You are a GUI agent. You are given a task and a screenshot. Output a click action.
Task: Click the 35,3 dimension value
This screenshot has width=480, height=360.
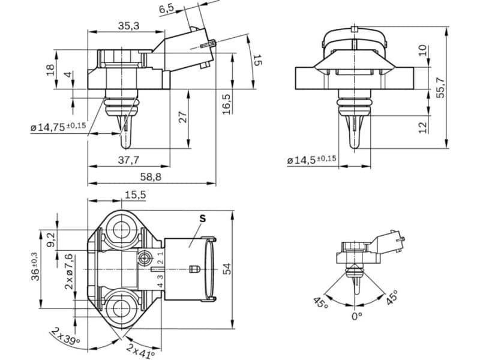coord(128,26)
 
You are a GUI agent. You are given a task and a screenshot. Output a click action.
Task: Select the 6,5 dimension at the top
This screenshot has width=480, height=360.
coord(167,8)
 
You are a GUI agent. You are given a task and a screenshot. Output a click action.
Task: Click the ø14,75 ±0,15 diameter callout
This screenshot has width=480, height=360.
coord(58,127)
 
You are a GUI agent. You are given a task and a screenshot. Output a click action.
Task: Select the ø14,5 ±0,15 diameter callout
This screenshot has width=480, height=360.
coord(311,160)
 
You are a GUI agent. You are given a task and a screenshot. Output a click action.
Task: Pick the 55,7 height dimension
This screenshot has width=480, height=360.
coord(441,87)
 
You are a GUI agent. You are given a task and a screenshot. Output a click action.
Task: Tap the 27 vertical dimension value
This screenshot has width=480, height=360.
coord(183,117)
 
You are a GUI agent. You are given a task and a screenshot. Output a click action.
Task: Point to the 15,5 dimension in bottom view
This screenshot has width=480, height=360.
coord(135,194)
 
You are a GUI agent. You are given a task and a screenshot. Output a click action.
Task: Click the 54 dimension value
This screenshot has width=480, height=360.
coord(227,270)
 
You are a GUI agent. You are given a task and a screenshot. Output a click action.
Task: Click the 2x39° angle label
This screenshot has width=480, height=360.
coord(65,337)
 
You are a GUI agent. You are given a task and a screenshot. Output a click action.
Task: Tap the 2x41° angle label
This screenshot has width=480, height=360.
coord(140,350)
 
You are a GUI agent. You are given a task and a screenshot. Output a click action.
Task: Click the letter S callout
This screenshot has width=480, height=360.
coord(202,219)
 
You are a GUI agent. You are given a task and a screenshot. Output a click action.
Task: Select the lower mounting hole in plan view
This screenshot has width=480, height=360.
coord(123,308)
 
